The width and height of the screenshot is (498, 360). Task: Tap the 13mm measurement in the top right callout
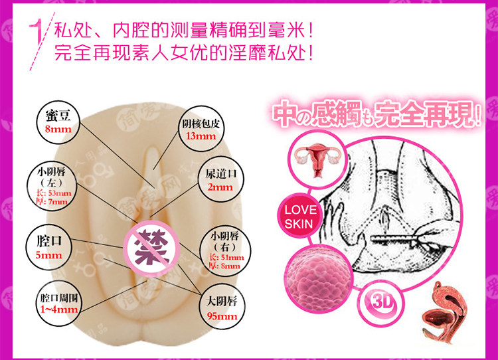[201, 136]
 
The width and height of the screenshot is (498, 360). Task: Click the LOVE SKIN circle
[298, 215]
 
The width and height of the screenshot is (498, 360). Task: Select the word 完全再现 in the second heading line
[78, 52]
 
